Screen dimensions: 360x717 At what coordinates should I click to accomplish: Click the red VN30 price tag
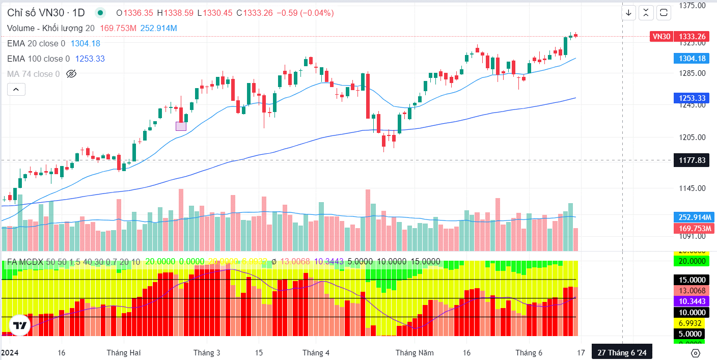point(662,36)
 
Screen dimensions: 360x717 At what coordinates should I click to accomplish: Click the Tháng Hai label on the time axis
point(124,352)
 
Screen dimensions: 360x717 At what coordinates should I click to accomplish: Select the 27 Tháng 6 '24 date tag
point(621,352)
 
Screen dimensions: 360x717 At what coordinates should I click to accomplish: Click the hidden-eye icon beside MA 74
point(71,74)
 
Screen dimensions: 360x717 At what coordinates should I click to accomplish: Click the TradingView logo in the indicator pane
point(20,326)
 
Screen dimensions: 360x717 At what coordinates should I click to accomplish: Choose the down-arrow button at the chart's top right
point(629,13)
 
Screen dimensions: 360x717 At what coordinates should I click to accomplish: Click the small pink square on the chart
point(181,126)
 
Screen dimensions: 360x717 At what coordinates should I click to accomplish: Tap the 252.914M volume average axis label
point(695,217)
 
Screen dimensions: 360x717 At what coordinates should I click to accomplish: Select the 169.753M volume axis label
point(695,228)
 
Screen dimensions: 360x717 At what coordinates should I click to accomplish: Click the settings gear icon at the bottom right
point(696,353)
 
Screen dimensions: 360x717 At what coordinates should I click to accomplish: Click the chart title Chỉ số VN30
point(39,13)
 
